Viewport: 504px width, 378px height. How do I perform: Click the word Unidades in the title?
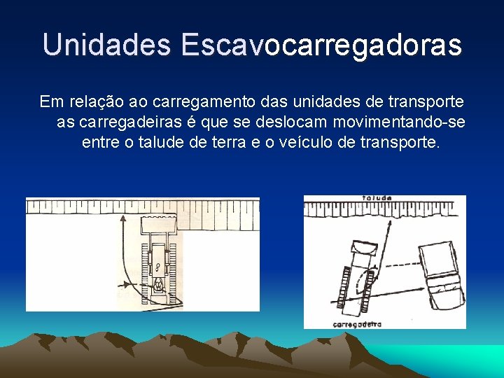[x=106, y=45]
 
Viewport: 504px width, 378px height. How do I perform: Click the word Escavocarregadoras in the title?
[x=321, y=45]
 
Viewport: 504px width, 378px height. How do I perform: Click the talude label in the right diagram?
[x=377, y=199]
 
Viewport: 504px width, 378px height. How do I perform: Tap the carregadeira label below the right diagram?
[x=357, y=324]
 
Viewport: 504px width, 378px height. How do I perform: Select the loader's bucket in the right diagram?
[x=364, y=247]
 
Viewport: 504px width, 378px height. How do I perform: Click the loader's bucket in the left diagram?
[x=162, y=226]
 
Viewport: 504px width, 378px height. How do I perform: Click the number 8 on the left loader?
[x=158, y=266]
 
